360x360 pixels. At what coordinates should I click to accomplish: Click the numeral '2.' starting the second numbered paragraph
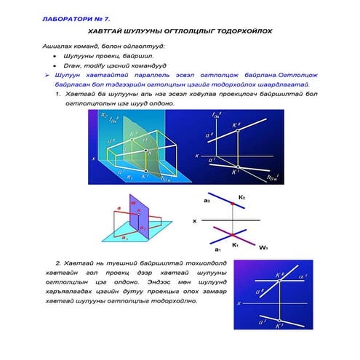(x=58, y=261)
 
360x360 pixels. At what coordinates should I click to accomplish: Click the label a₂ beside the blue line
(x=207, y=200)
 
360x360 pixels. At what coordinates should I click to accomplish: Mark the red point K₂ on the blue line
(x=232, y=205)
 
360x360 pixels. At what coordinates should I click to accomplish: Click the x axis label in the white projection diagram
(x=194, y=220)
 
